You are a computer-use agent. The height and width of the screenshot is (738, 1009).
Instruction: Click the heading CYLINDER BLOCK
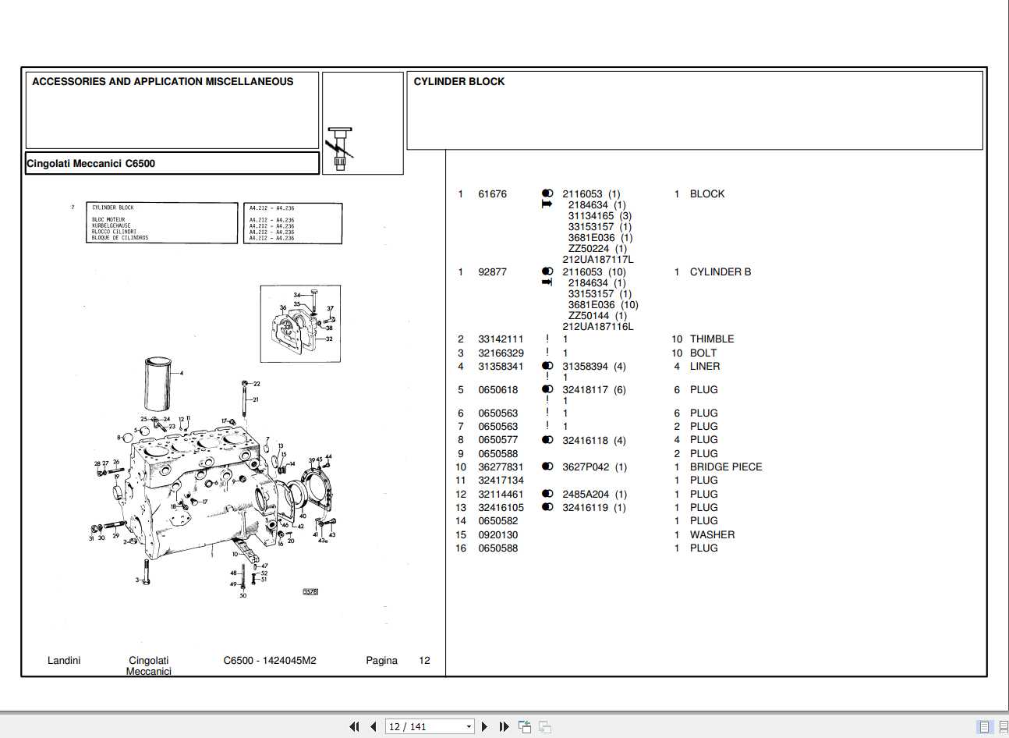click(458, 82)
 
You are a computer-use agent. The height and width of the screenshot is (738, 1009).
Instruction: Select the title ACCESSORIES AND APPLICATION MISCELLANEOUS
click(162, 82)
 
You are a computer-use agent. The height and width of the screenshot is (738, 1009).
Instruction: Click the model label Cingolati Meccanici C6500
click(90, 164)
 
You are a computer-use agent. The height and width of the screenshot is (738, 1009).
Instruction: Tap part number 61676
click(492, 194)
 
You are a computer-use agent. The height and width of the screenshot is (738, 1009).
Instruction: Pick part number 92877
click(492, 272)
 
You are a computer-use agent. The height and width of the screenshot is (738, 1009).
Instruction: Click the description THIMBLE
click(711, 339)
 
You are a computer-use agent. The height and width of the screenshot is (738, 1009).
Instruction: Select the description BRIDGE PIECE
click(725, 467)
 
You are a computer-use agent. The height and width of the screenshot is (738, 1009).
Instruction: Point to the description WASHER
click(711, 535)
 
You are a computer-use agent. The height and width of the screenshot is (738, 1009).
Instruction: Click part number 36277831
click(501, 467)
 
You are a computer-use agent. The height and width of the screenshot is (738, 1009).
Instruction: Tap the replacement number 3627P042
click(586, 467)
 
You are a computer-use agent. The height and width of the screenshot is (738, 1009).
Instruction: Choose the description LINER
click(704, 367)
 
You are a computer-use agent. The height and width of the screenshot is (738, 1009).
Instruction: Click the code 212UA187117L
click(597, 260)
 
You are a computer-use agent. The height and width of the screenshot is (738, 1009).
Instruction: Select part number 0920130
click(497, 535)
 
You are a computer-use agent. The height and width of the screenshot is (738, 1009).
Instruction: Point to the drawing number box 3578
click(310, 592)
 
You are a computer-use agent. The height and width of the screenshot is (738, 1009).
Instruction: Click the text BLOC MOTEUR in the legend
click(108, 220)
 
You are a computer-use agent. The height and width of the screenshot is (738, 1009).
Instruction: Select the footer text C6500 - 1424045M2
click(270, 661)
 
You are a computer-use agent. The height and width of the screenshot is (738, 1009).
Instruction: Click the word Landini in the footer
click(64, 661)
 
